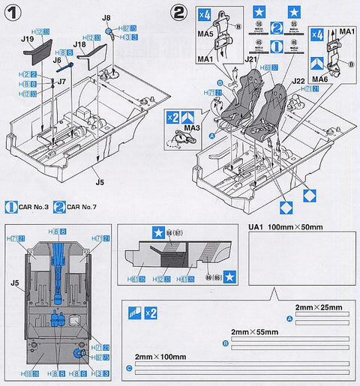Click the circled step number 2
pyautogui.click(x=178, y=13)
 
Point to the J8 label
pyautogui.click(x=106, y=16)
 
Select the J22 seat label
pyautogui.click(x=295, y=80)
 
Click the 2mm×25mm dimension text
pyautogui.click(x=316, y=307)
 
